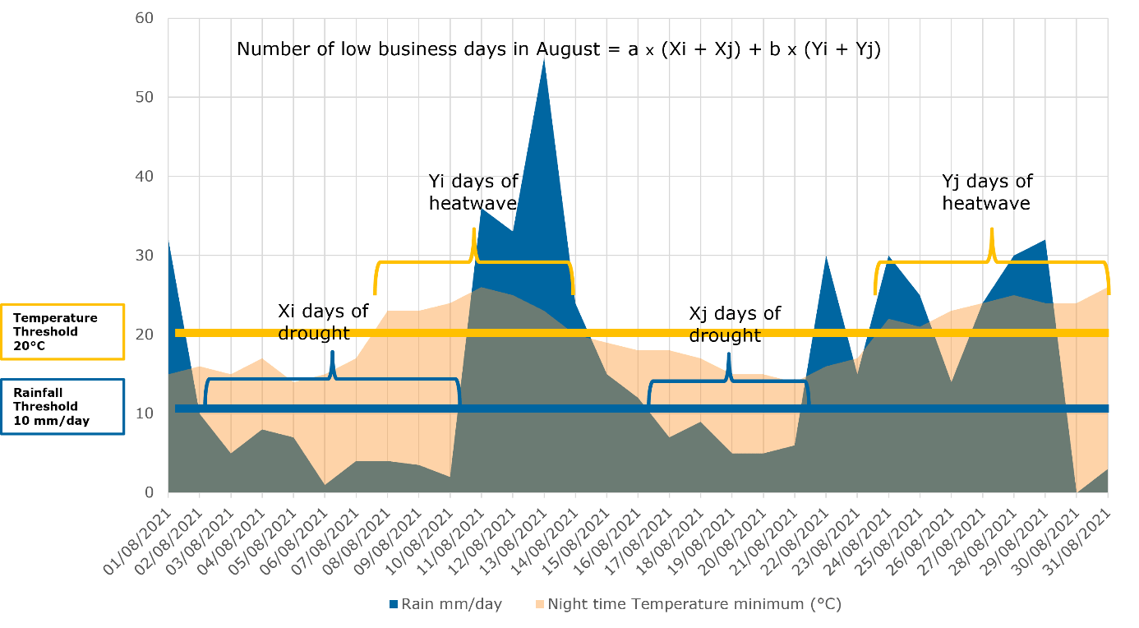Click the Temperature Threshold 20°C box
(x=62, y=332)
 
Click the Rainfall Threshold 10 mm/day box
(x=62, y=406)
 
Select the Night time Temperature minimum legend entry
(x=687, y=604)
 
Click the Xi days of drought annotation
(x=323, y=321)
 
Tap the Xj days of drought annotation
(x=734, y=324)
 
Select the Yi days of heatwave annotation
(x=473, y=192)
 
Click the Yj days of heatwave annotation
(x=986, y=192)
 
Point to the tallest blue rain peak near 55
(x=544, y=62)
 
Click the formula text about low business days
(x=559, y=49)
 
